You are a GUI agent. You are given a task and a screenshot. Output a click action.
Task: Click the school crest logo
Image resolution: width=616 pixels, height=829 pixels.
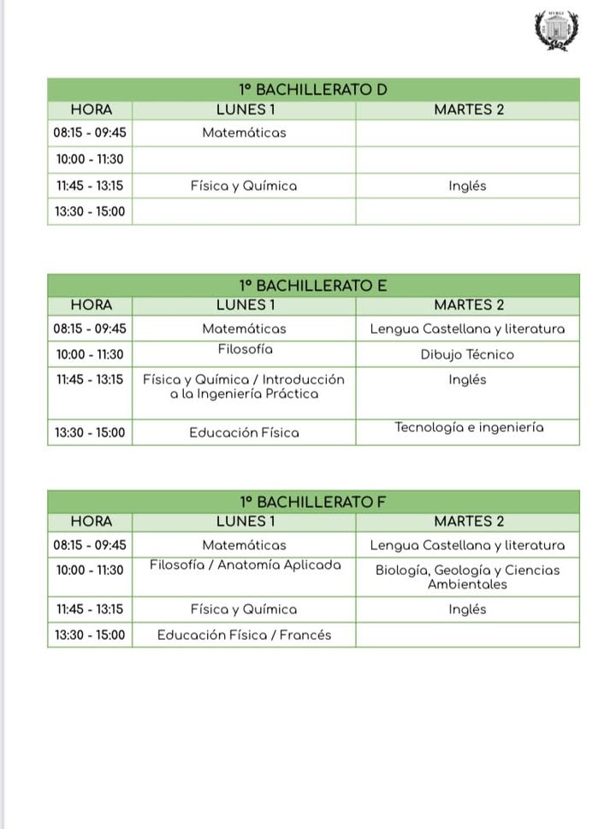pyautogui.click(x=556, y=30)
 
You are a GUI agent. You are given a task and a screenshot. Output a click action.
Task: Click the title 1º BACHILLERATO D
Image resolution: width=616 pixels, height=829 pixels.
pyautogui.click(x=313, y=90)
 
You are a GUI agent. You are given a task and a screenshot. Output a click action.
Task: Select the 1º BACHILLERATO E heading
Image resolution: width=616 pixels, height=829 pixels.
pyautogui.click(x=313, y=286)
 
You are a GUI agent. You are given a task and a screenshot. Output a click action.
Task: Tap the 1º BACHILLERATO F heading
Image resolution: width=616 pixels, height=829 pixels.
pyautogui.click(x=313, y=502)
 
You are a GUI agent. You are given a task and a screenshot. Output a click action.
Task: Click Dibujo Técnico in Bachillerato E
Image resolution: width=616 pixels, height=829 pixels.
pyautogui.click(x=467, y=354)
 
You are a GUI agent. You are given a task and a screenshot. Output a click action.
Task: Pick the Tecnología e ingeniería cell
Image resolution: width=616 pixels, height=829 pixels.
pyautogui.click(x=469, y=428)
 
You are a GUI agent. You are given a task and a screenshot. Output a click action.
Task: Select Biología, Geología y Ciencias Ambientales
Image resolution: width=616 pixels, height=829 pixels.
pyautogui.click(x=467, y=577)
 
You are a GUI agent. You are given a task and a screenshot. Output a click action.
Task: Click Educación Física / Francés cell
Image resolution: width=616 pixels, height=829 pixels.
pyautogui.click(x=244, y=635)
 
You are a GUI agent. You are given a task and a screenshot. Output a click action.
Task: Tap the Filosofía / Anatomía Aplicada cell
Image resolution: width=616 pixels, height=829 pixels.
pyautogui.click(x=245, y=565)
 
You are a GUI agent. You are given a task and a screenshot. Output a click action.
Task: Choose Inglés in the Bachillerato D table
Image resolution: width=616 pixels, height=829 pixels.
pyautogui.click(x=467, y=186)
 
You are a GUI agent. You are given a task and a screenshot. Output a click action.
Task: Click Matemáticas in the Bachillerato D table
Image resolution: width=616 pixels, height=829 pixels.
pyautogui.click(x=244, y=133)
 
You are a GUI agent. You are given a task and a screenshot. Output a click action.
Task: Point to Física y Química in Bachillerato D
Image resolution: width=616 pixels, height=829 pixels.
pyautogui.click(x=244, y=186)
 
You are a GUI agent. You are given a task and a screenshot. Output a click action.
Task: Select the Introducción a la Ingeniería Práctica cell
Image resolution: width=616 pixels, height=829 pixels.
pyautogui.click(x=244, y=387)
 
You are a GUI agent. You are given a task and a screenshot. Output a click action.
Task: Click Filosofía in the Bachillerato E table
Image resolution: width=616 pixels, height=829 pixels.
pyautogui.click(x=245, y=349)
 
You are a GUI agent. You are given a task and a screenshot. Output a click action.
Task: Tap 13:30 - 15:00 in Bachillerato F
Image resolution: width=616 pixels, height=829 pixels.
pyautogui.click(x=90, y=635)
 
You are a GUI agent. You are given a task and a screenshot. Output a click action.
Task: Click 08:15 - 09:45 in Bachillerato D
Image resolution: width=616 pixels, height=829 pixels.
pyautogui.click(x=90, y=133)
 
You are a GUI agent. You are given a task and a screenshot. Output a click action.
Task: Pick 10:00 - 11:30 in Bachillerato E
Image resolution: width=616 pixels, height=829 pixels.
pyautogui.click(x=90, y=354)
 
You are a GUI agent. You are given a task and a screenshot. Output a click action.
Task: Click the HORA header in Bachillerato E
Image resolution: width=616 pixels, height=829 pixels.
pyautogui.click(x=91, y=305)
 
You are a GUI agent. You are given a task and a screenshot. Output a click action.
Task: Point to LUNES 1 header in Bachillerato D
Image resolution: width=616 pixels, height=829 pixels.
pyautogui.click(x=246, y=110)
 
